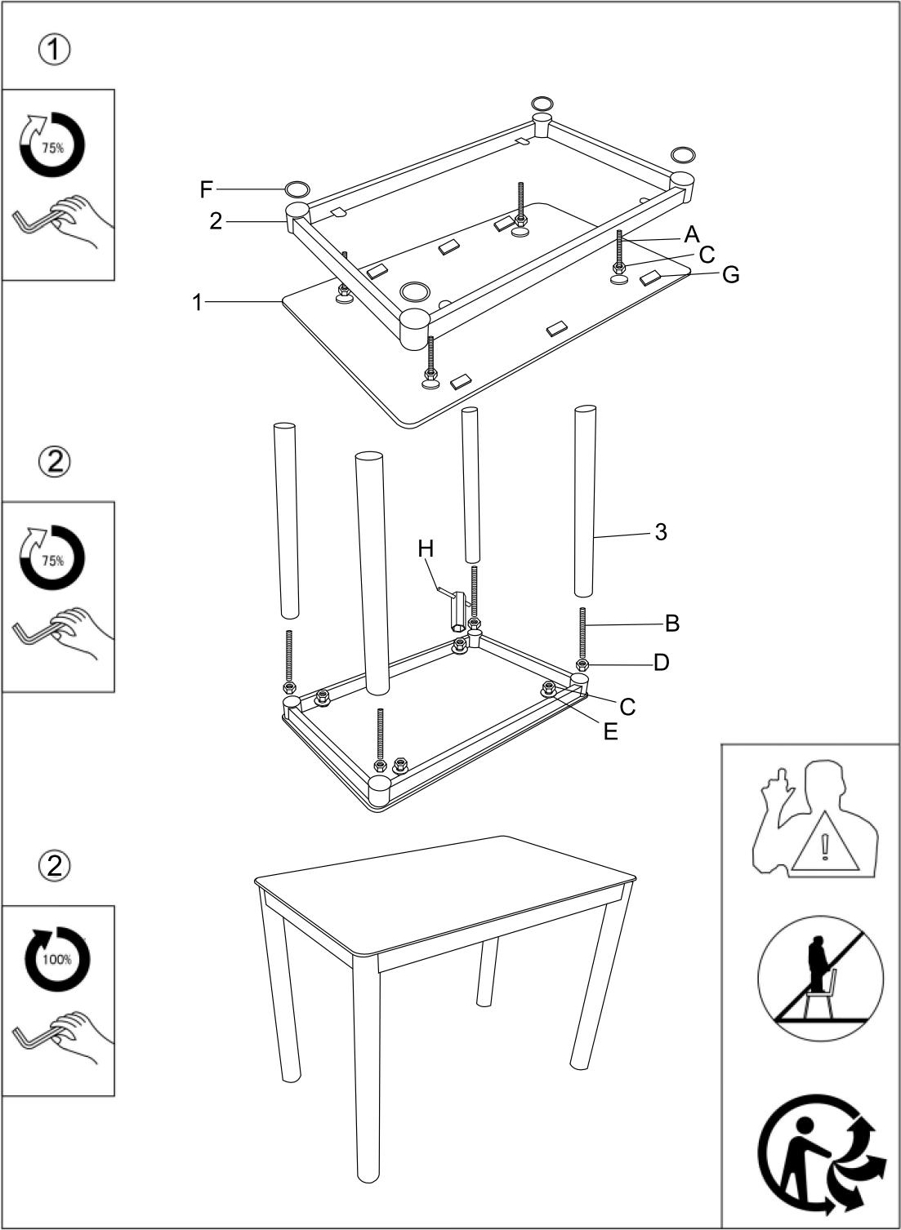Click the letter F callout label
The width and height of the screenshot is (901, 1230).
(206, 190)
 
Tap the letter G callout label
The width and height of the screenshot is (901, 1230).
(731, 275)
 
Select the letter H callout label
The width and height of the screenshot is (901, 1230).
(426, 548)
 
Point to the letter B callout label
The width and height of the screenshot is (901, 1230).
(672, 624)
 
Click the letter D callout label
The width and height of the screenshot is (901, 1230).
(662, 663)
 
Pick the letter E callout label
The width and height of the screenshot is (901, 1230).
(610, 731)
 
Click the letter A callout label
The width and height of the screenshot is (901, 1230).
(692, 235)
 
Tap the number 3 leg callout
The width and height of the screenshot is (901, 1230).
(660, 532)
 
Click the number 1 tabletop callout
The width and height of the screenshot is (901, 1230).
(197, 302)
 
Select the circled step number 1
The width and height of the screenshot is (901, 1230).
(55, 50)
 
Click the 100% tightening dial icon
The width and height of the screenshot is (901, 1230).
(57, 958)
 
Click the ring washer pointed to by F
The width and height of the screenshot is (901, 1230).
(298, 189)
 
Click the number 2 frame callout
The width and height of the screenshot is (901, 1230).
(216, 220)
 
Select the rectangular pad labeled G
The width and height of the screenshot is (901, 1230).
(653, 278)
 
